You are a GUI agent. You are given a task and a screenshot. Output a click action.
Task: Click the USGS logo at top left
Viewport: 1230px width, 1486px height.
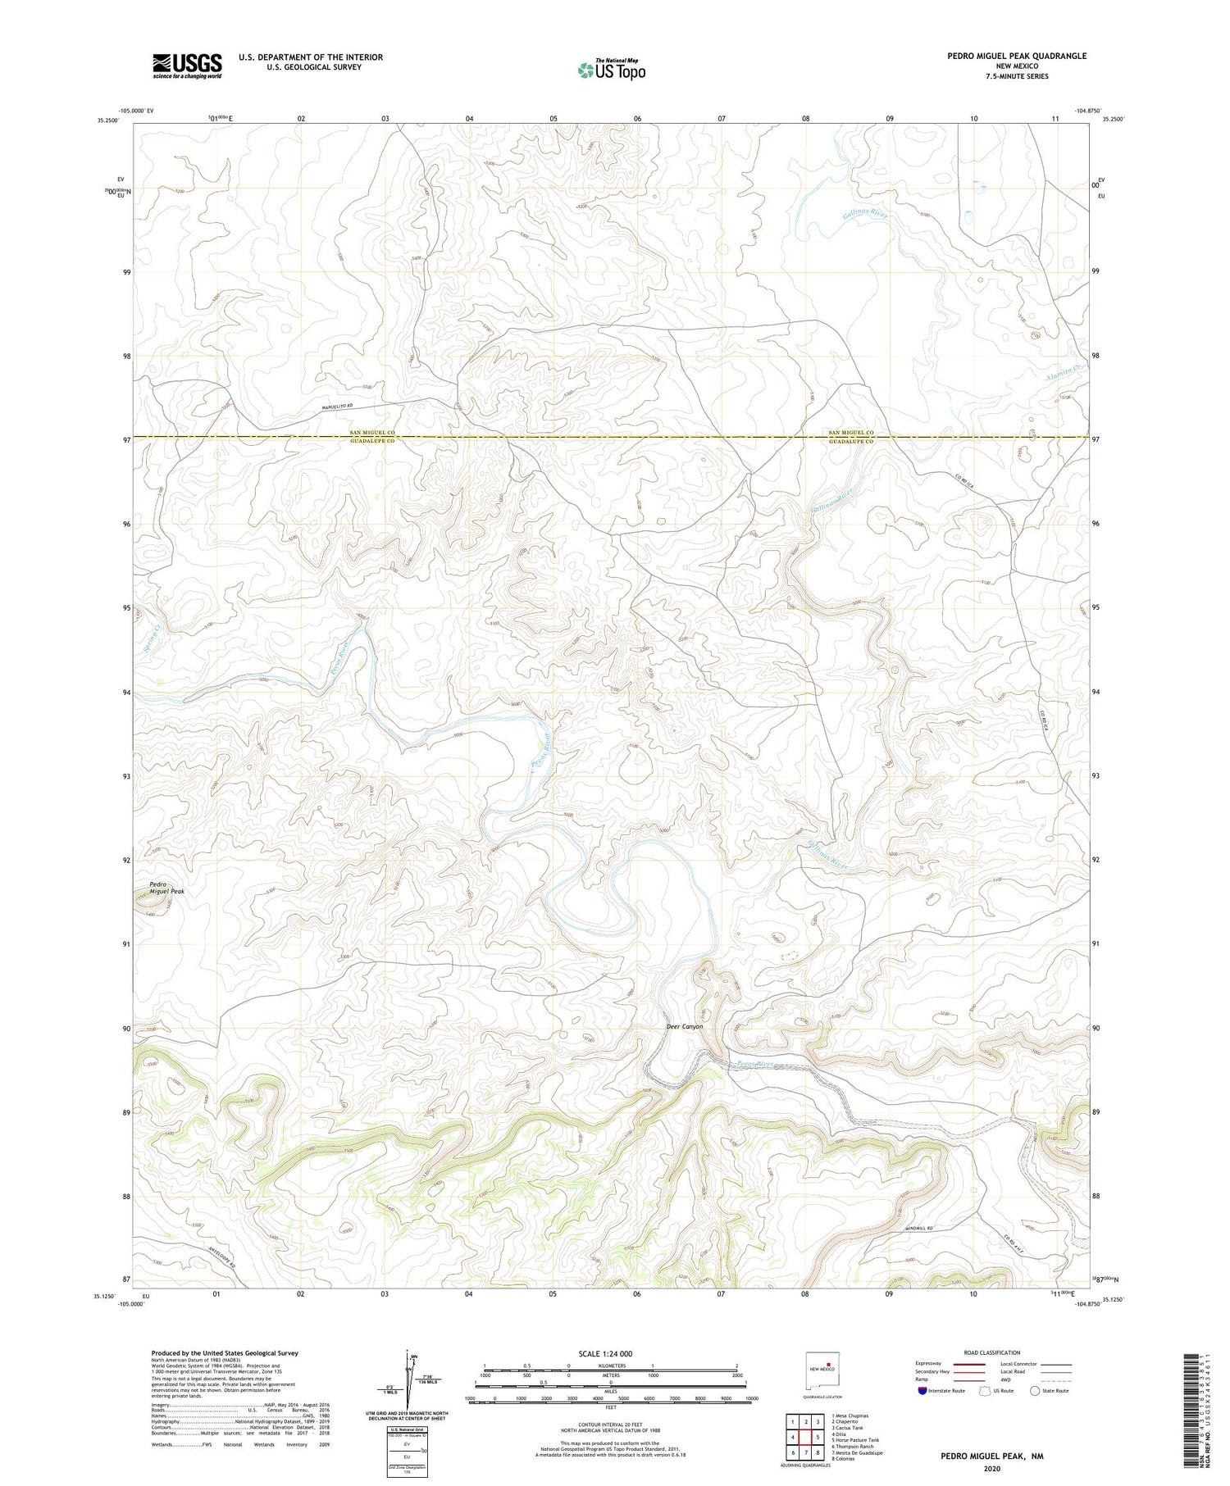[x=187, y=66]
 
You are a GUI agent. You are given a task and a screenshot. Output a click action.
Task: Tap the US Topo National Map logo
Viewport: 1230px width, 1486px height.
[x=610, y=70]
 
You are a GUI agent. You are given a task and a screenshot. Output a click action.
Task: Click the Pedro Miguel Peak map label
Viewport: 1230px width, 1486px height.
[x=166, y=888]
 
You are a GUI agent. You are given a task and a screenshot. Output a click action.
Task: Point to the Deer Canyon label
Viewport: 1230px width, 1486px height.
[x=684, y=1027]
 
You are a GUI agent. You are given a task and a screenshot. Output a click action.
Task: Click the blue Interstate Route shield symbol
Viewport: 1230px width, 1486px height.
[x=922, y=1391]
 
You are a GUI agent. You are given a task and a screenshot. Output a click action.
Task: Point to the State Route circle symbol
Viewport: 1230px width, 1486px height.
[x=1035, y=1391]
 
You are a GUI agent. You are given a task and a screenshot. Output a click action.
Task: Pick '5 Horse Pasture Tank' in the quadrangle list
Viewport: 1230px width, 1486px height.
[x=854, y=1439]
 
